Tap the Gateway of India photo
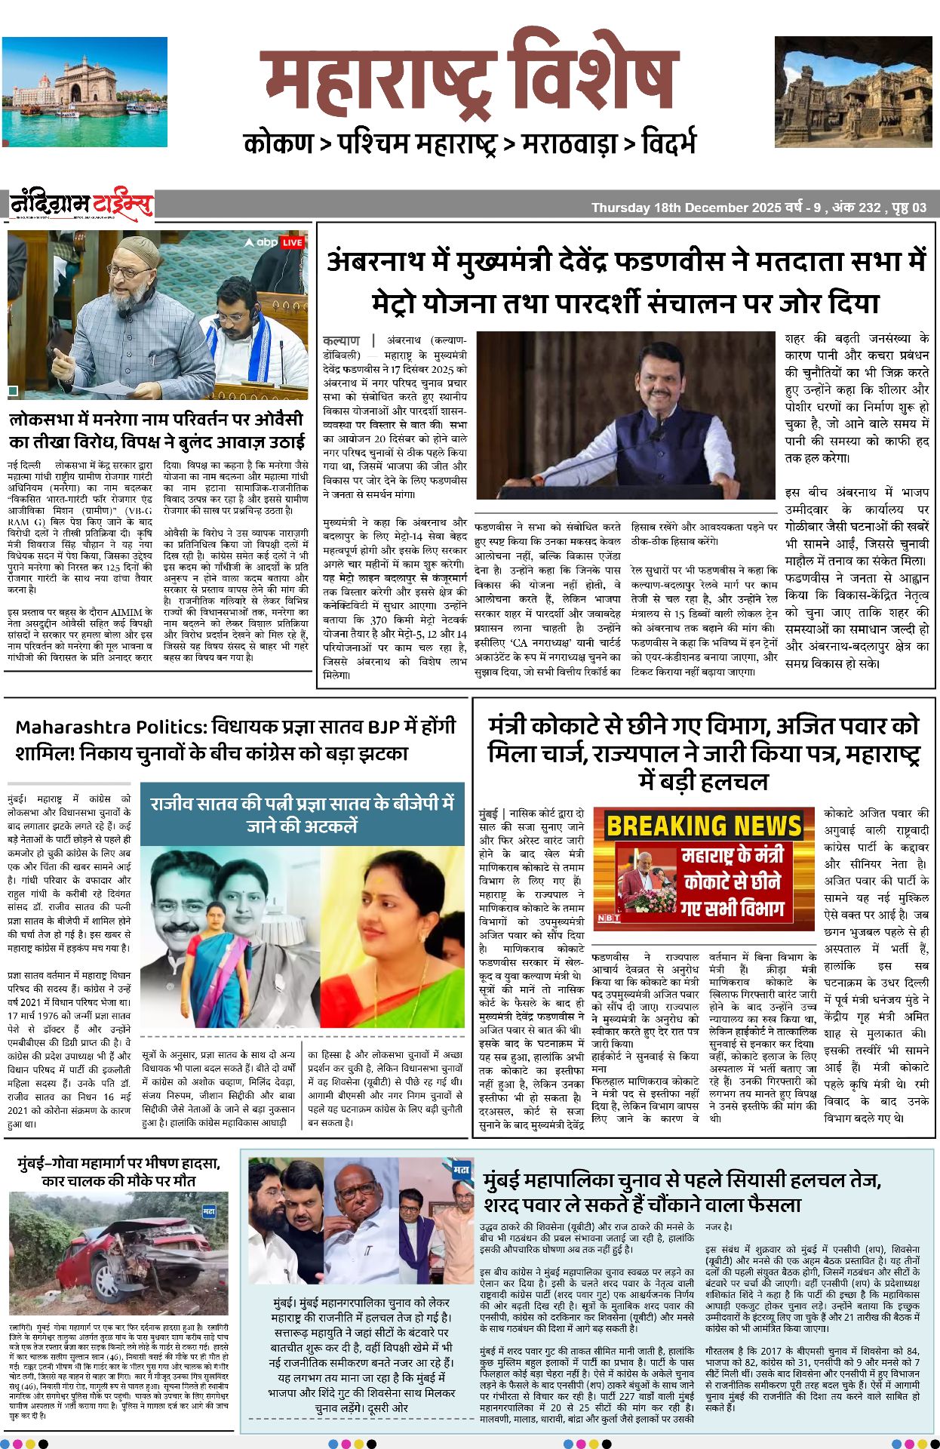(x=84, y=91)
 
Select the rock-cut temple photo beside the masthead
(x=852, y=91)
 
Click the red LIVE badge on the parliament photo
(x=291, y=242)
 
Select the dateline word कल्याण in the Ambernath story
(x=342, y=340)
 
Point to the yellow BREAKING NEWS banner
(x=704, y=826)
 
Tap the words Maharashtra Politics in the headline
(x=110, y=728)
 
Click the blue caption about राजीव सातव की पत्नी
(x=302, y=814)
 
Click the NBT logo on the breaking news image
(x=609, y=918)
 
